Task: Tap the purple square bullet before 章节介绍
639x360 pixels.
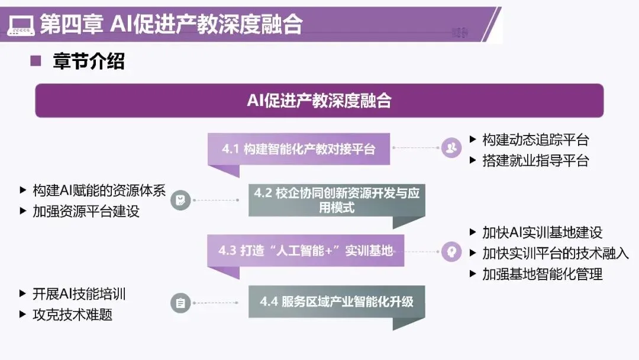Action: tap(35, 61)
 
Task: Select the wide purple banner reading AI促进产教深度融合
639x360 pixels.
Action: tap(319, 101)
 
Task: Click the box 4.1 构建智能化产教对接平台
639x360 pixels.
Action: tap(299, 149)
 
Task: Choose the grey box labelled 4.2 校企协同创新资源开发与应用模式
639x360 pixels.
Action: tap(336, 200)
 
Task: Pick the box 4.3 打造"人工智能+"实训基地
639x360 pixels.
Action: tap(305, 250)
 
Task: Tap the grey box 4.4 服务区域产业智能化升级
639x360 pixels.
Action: tap(336, 301)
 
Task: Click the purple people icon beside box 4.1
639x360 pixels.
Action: tap(451, 148)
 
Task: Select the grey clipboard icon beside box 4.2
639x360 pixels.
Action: tap(180, 200)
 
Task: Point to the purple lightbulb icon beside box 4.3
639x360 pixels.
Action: tap(451, 252)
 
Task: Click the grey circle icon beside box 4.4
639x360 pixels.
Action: tap(180, 303)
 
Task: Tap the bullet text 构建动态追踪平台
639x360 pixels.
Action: tap(535, 140)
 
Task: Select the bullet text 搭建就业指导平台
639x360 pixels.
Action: tap(535, 160)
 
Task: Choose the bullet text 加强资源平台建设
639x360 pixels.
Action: tap(86, 211)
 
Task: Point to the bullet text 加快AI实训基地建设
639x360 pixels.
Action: tap(542, 232)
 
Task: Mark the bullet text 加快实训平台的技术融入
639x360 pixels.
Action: tap(555, 253)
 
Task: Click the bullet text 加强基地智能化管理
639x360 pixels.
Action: tap(542, 274)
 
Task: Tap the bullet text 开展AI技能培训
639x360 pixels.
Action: tap(79, 294)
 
